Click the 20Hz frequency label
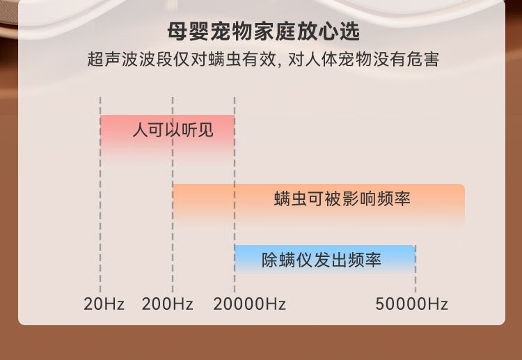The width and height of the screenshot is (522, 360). point(104,304)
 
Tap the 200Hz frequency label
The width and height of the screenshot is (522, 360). point(167,304)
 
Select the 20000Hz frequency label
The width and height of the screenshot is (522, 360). point(249,304)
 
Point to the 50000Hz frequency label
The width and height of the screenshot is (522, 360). point(411,304)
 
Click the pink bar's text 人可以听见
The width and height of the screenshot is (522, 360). point(173,130)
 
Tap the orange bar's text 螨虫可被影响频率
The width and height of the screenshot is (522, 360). point(342,198)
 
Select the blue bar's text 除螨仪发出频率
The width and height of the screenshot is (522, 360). point(322,260)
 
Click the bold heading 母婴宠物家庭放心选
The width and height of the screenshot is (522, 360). point(263,31)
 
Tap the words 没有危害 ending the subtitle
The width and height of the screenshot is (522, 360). point(406,59)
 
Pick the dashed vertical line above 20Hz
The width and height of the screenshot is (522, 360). point(100,195)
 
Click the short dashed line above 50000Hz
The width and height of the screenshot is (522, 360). point(415,269)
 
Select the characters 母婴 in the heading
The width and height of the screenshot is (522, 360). point(189,31)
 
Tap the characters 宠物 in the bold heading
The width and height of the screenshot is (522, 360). point(231,31)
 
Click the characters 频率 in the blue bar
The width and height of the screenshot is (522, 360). point(365,260)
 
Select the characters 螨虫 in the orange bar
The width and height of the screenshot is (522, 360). point(291,198)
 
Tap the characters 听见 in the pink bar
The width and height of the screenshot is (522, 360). point(198,130)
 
